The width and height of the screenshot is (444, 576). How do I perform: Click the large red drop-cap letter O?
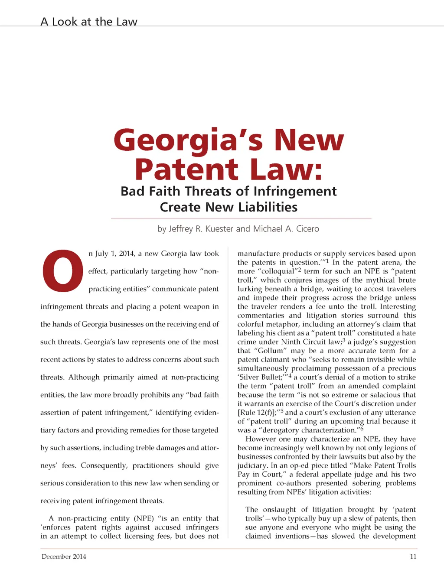pos(63,270)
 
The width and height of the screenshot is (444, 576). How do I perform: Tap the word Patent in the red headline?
pos(187,169)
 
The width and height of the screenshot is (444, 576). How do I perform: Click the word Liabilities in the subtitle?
pos(268,207)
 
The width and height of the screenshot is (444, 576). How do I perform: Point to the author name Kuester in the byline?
pos(220,229)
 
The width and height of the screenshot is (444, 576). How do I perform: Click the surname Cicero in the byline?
pos(307,229)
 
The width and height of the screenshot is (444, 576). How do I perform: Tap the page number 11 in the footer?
pos(413,556)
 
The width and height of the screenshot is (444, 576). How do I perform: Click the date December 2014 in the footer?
pos(64,556)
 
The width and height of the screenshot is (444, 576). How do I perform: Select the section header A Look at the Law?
pos(89,22)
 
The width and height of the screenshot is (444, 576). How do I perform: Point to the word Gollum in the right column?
pos(271,351)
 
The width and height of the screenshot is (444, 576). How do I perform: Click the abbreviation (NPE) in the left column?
pos(144,518)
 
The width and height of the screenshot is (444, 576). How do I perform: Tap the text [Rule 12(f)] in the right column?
pos(258,413)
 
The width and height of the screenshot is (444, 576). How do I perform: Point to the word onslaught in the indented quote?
pos(279,510)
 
